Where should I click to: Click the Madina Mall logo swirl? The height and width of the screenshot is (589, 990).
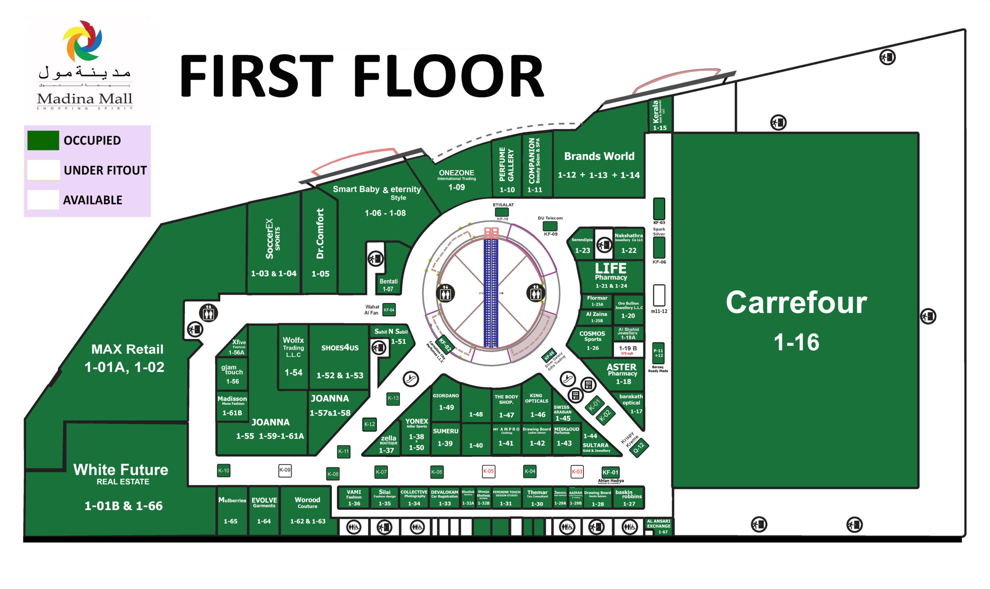[x=82, y=41]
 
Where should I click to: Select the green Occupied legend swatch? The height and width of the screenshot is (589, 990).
[x=43, y=140]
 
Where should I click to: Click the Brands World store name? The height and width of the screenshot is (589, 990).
[x=599, y=156]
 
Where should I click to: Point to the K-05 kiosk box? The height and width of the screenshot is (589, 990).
[x=488, y=471]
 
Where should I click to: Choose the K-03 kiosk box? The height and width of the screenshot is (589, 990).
[x=577, y=471]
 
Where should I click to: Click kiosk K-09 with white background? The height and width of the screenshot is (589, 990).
[x=285, y=470]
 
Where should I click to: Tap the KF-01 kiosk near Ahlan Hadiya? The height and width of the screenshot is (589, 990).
[x=610, y=472]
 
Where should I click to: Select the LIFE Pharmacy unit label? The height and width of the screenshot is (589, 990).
[x=611, y=274]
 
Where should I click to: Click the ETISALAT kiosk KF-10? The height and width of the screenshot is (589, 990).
[x=502, y=212]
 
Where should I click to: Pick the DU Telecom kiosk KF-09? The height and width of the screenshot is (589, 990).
[x=550, y=226]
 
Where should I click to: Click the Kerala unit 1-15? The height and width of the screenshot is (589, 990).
[x=659, y=115]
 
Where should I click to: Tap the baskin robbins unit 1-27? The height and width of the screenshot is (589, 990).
[x=628, y=498]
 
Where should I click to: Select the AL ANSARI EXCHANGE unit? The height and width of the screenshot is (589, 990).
[x=658, y=526]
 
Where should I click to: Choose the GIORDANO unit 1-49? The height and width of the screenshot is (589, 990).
[x=445, y=402]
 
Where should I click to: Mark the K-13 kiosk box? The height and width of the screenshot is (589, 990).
[x=393, y=398]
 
